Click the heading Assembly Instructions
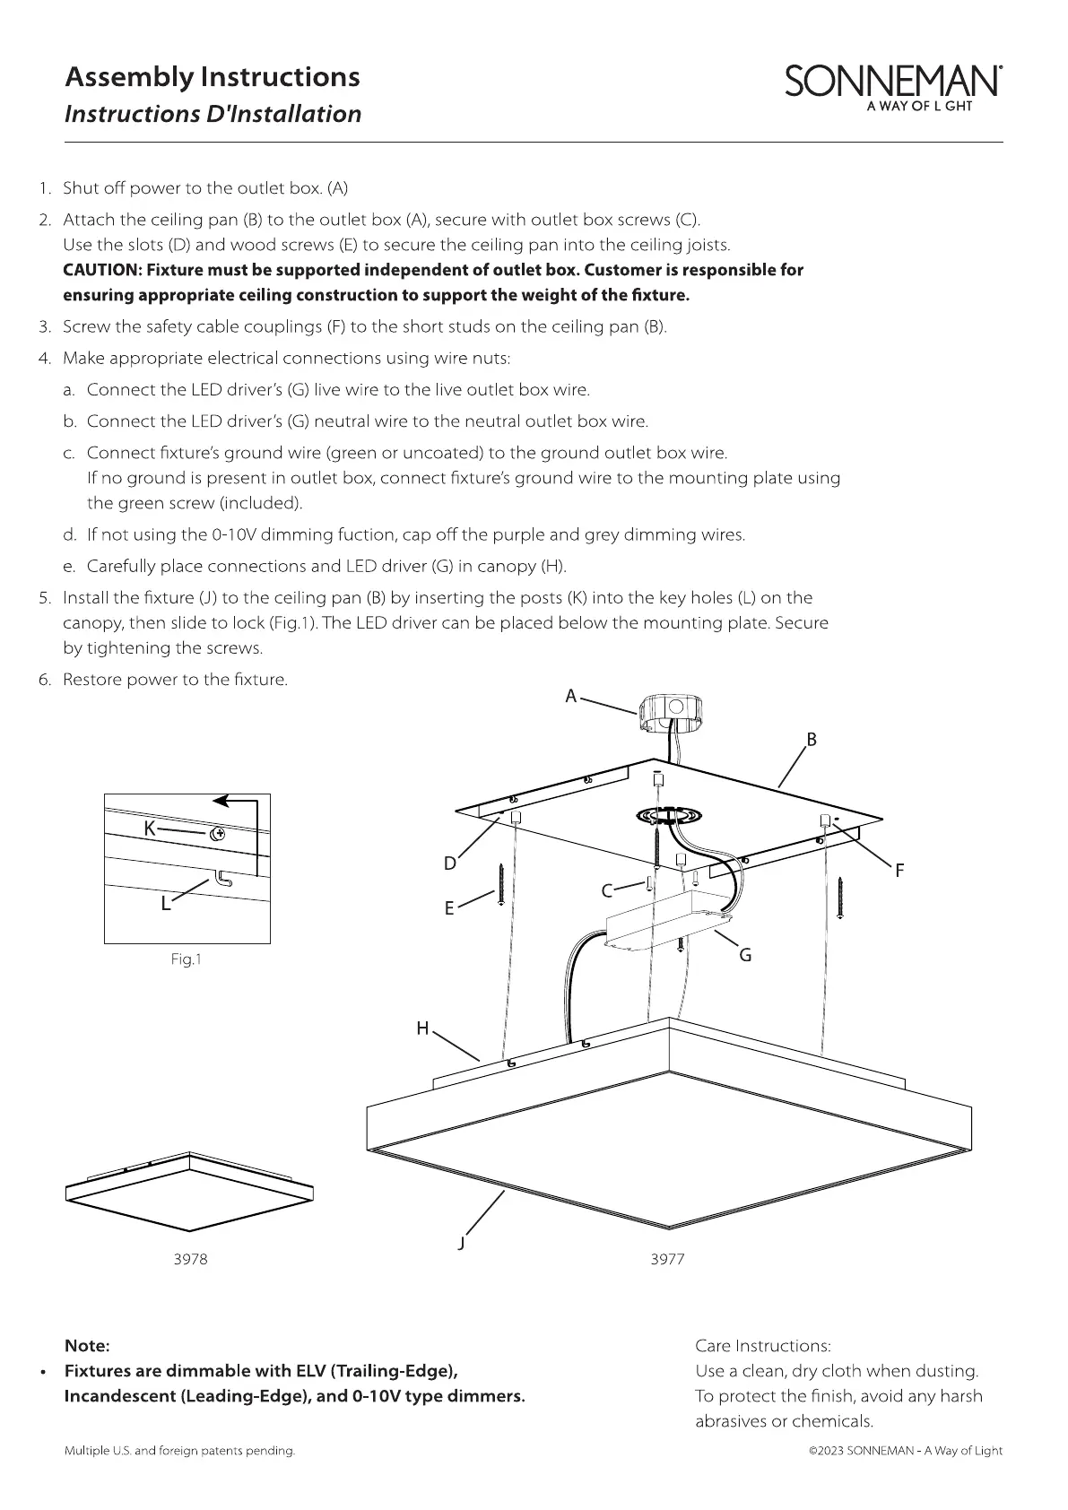[213, 77]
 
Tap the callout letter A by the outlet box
[570, 696]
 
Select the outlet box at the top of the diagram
[673, 716]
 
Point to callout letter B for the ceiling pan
[811, 740]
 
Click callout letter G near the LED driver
[744, 956]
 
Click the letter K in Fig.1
[151, 829]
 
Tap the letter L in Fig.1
[165, 904]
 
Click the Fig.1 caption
[187, 960]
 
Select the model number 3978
[190, 1259]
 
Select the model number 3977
[667, 1259]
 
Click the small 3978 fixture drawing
[189, 1191]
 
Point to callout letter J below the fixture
[461, 1243]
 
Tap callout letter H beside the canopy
[422, 1028]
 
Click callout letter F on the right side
[899, 870]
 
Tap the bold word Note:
[87, 1346]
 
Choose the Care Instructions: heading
[763, 1346]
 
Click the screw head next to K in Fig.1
[217, 834]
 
